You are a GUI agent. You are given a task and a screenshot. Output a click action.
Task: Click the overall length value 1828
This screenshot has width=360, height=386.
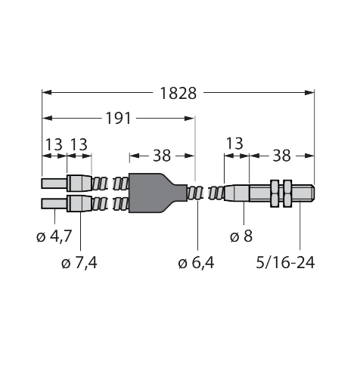(x=178, y=94)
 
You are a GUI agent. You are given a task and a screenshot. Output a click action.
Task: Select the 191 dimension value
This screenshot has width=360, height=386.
(x=118, y=119)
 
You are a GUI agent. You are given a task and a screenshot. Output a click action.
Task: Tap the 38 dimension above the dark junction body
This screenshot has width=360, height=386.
(x=162, y=156)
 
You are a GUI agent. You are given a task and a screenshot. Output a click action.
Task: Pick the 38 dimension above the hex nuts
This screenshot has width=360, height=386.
(x=281, y=156)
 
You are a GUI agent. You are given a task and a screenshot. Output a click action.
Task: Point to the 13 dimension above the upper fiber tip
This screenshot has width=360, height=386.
(x=54, y=144)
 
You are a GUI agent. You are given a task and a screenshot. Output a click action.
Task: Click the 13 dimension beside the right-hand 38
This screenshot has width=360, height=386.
(x=234, y=144)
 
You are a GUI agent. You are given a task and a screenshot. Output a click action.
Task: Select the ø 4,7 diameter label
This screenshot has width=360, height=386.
(x=54, y=236)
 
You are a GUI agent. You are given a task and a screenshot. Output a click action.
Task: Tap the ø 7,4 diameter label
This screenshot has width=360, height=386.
(x=79, y=263)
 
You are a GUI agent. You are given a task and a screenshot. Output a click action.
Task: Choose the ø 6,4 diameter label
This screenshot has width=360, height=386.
(x=196, y=263)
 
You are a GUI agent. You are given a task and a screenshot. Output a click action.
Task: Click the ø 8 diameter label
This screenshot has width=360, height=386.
(x=241, y=236)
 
